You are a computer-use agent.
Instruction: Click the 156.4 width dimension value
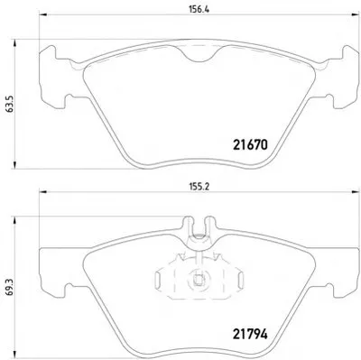[x=199, y=9]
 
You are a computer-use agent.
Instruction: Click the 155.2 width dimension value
[x=199, y=186]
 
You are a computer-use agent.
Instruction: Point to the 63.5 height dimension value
[x=10, y=104]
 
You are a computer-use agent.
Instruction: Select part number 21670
[x=250, y=145]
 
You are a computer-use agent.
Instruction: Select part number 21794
[x=250, y=334]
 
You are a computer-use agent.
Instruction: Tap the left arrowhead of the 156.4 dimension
[x=43, y=14]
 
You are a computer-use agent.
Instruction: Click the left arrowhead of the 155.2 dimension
[x=43, y=191]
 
